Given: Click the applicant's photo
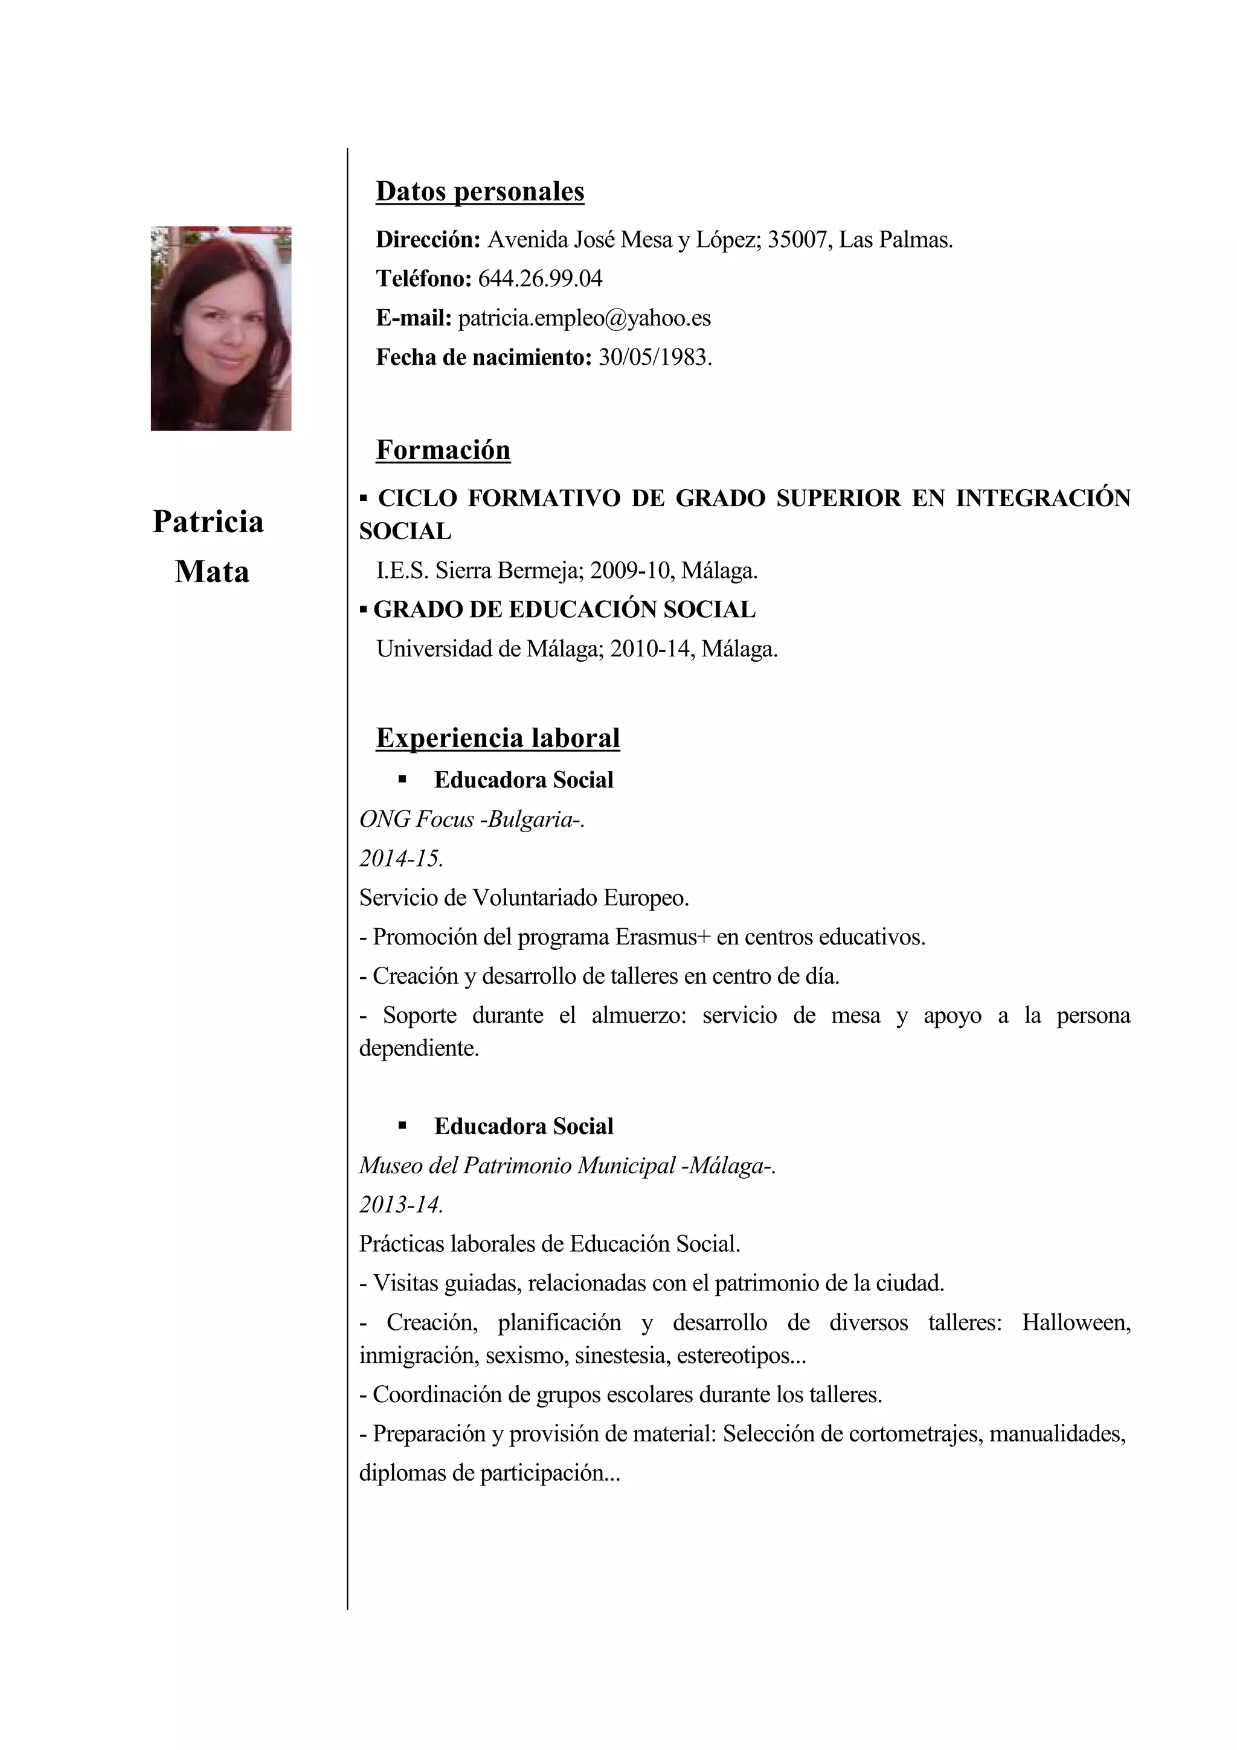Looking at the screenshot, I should (x=220, y=328).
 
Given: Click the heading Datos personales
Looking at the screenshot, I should (x=480, y=191).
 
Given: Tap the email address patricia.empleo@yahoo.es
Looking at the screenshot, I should (x=584, y=318).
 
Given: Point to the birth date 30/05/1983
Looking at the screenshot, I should (x=655, y=357).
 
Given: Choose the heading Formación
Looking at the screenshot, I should (x=443, y=450).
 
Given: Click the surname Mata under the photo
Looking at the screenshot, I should (x=212, y=572).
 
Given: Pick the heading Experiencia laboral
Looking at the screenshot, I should (x=498, y=738).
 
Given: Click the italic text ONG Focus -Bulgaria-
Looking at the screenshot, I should (x=472, y=819).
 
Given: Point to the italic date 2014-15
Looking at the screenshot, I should (x=401, y=859).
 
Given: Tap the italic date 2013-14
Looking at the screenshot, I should (x=401, y=1205).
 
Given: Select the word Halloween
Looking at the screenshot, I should (x=1075, y=1322).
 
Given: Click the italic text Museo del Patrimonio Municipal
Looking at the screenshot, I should (x=518, y=1166).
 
